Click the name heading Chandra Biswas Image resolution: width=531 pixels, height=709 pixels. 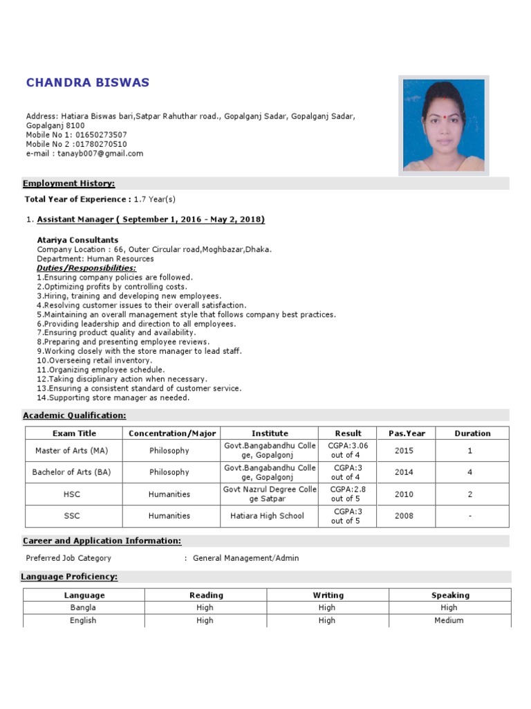click(x=87, y=83)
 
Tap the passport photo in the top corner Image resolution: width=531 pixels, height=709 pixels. click(x=443, y=125)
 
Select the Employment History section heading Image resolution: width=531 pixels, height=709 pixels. click(x=69, y=183)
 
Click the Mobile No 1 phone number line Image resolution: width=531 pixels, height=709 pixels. click(x=76, y=134)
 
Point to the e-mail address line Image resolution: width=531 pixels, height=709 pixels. click(x=84, y=154)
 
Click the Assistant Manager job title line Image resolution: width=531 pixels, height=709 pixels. click(x=150, y=219)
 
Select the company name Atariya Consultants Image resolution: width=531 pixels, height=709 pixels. click(x=77, y=240)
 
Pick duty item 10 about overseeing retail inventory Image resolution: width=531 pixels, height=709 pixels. click(x=94, y=361)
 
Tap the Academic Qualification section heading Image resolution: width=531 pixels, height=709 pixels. click(x=75, y=415)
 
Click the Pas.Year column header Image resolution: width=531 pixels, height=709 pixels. click(x=407, y=433)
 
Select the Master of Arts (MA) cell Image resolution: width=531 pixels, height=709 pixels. click(x=71, y=451)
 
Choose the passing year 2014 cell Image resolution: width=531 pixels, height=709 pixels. click(x=404, y=472)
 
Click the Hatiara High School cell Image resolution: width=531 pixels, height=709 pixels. click(x=267, y=516)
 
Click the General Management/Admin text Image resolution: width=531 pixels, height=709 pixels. click(x=245, y=558)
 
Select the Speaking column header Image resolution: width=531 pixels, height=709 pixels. click(x=450, y=595)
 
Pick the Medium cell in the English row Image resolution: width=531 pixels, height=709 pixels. click(x=449, y=621)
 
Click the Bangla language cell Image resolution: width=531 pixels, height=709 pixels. click(x=83, y=608)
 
